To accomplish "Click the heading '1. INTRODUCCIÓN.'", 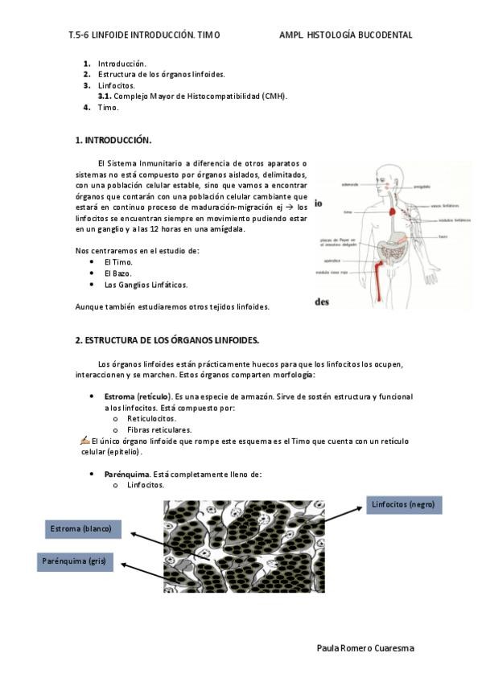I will pyautogui.click(x=113, y=140).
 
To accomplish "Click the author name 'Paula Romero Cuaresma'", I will pyautogui.click(x=366, y=647).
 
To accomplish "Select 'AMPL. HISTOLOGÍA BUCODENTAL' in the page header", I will pyautogui.click(x=345, y=35).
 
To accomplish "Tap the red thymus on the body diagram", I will pyautogui.click(x=392, y=213).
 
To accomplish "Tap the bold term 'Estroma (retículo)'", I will pyautogui.click(x=137, y=397).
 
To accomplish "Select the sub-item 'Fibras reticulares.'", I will pyautogui.click(x=159, y=430).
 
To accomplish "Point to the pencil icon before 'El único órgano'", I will pyautogui.click(x=85, y=440).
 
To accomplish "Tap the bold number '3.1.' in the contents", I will pyautogui.click(x=105, y=96).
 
